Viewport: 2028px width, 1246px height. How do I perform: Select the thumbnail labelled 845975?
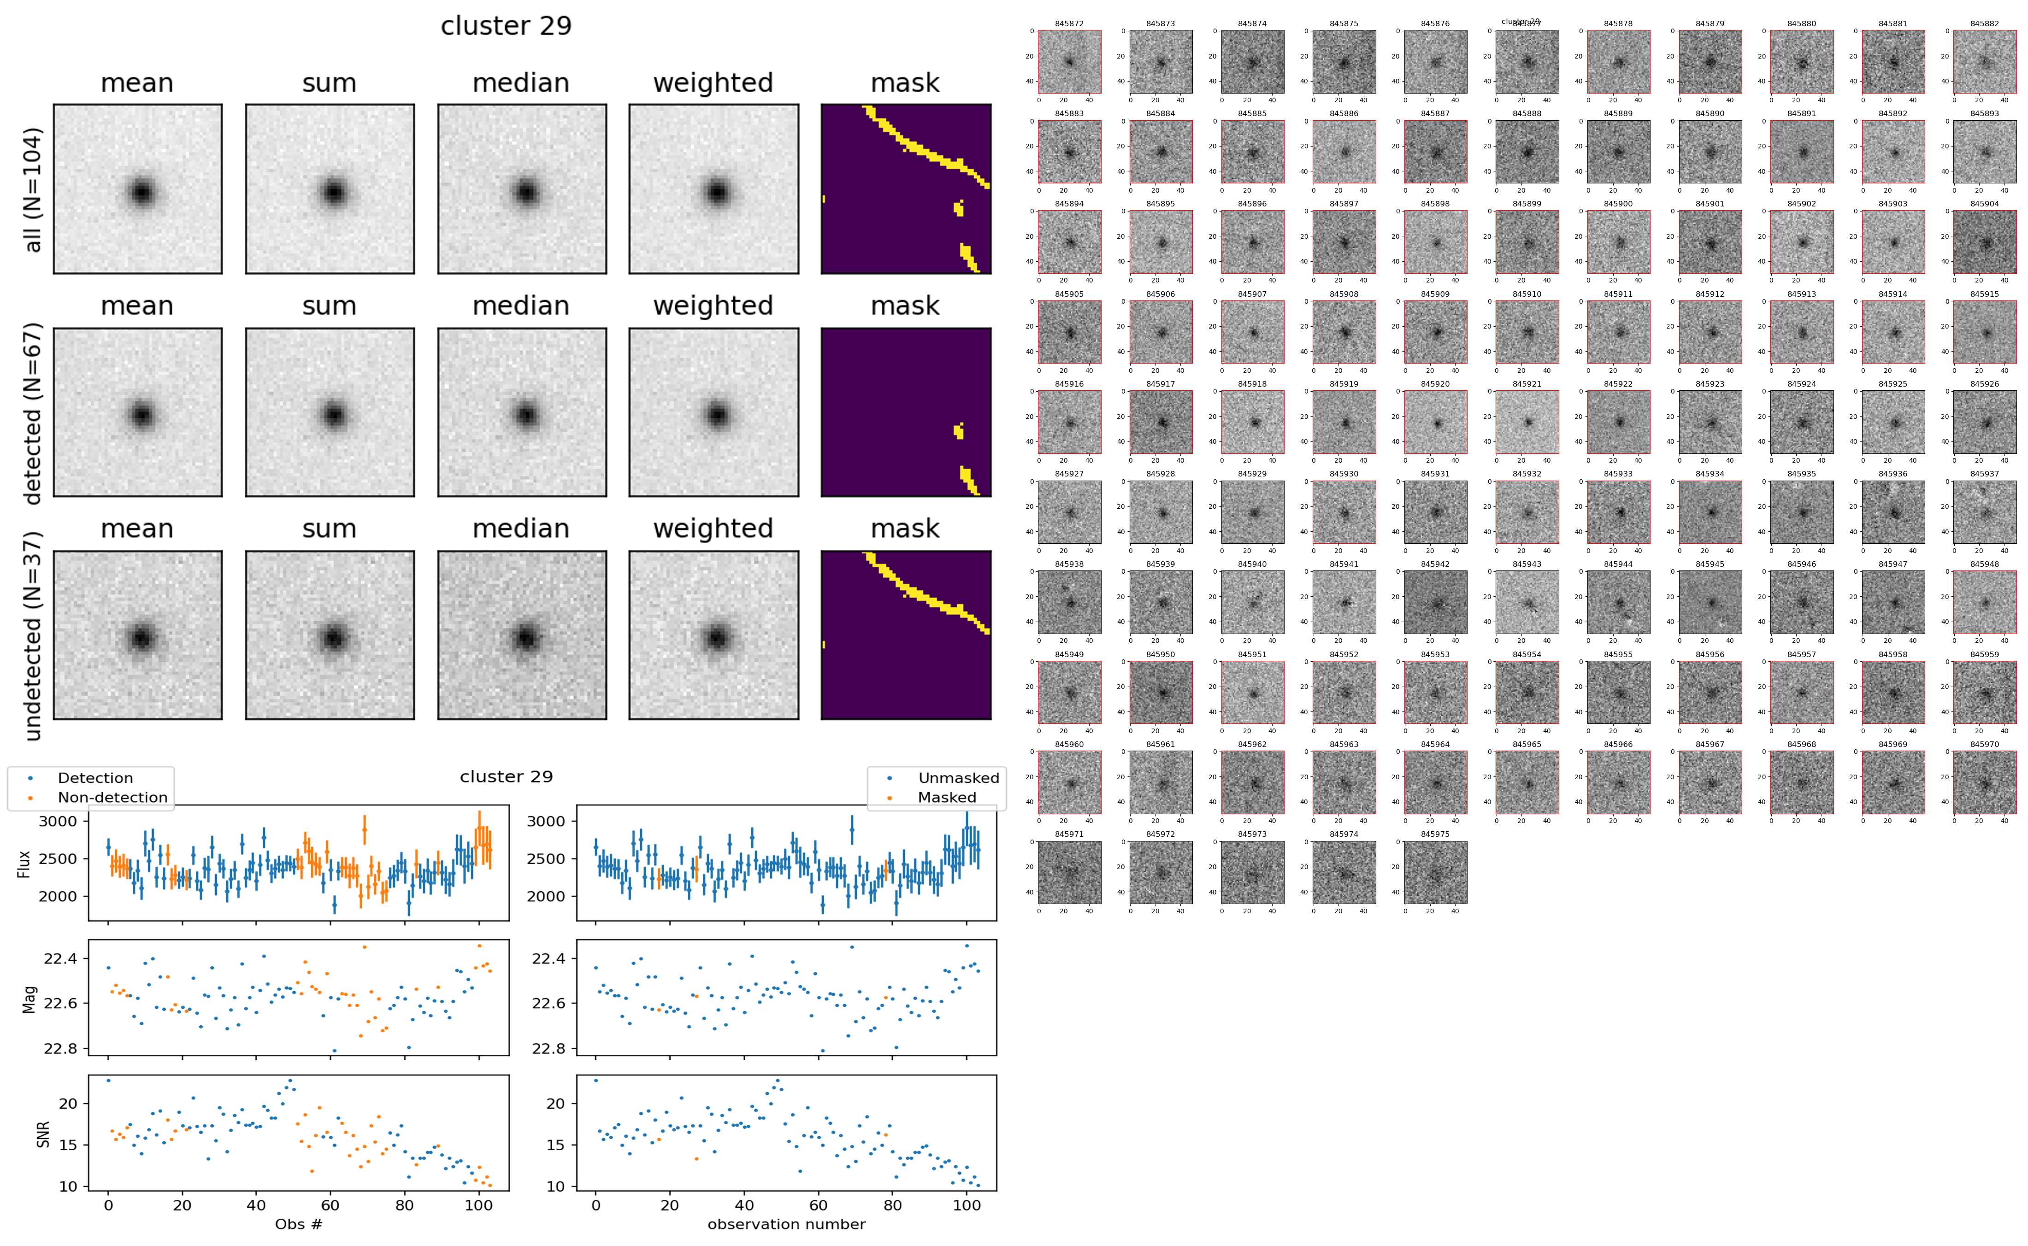point(1436,872)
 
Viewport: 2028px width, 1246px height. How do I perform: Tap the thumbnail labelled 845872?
point(1070,62)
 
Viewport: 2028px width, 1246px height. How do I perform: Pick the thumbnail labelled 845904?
point(1984,242)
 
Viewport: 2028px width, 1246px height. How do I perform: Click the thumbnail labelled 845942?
point(1436,602)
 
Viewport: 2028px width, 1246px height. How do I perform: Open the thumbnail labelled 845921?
point(1527,422)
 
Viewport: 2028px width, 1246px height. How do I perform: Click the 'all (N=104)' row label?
point(33,189)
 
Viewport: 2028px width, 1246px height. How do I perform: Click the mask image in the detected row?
point(906,412)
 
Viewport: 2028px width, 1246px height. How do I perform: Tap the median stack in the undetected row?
point(522,635)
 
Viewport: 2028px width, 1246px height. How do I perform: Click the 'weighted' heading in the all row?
point(713,83)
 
